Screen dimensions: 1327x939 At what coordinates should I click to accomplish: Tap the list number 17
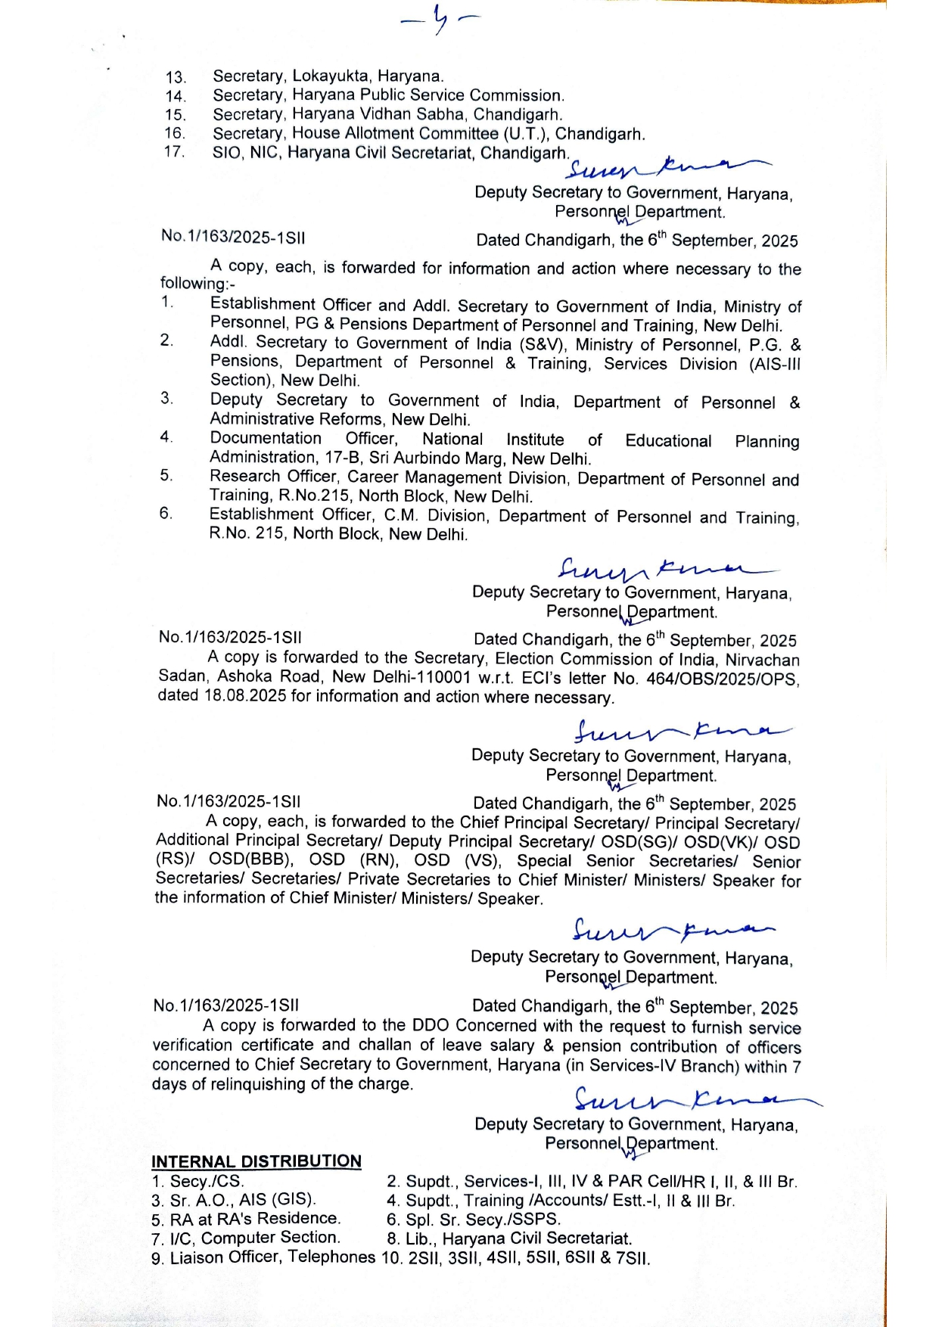point(175,151)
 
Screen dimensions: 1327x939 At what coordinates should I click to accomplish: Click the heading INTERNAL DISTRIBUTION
point(257,1161)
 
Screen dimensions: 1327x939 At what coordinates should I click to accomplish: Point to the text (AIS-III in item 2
point(774,364)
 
